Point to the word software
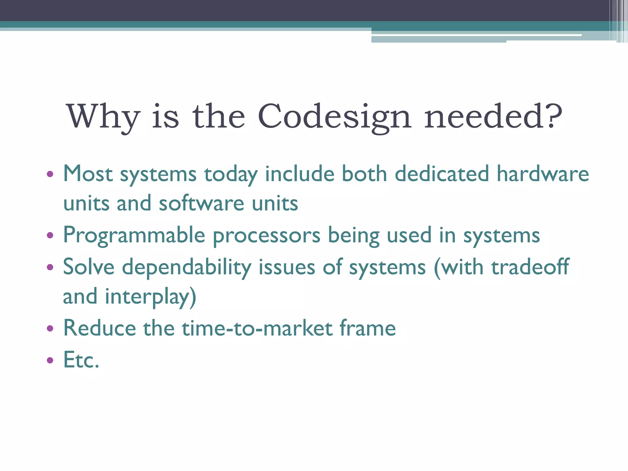[201, 203]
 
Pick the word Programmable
[134, 235]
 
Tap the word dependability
[186, 267]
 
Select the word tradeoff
[530, 266]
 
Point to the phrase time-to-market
[257, 328]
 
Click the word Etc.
[81, 360]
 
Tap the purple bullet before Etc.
[50, 360]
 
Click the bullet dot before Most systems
[50, 174]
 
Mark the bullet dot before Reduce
[50, 329]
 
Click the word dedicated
[442, 174]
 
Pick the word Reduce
[99, 328]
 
